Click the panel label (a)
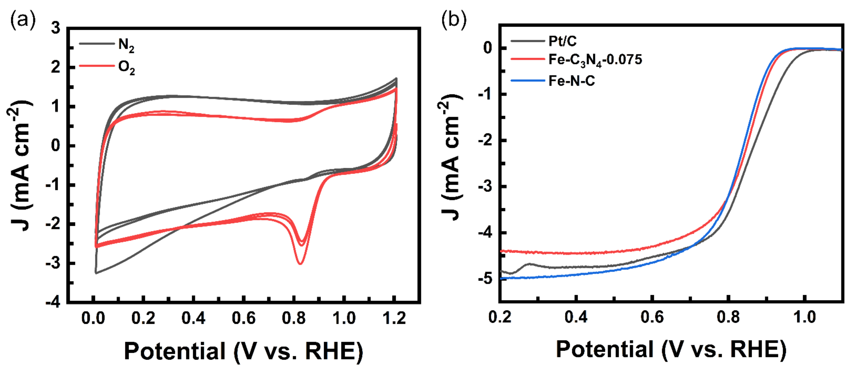click(x=23, y=20)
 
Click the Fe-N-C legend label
click(x=572, y=81)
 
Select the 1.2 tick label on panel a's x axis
click(x=394, y=318)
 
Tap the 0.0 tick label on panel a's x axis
click(x=93, y=318)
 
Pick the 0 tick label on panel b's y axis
click(x=488, y=48)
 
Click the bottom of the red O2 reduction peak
click(x=300, y=264)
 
